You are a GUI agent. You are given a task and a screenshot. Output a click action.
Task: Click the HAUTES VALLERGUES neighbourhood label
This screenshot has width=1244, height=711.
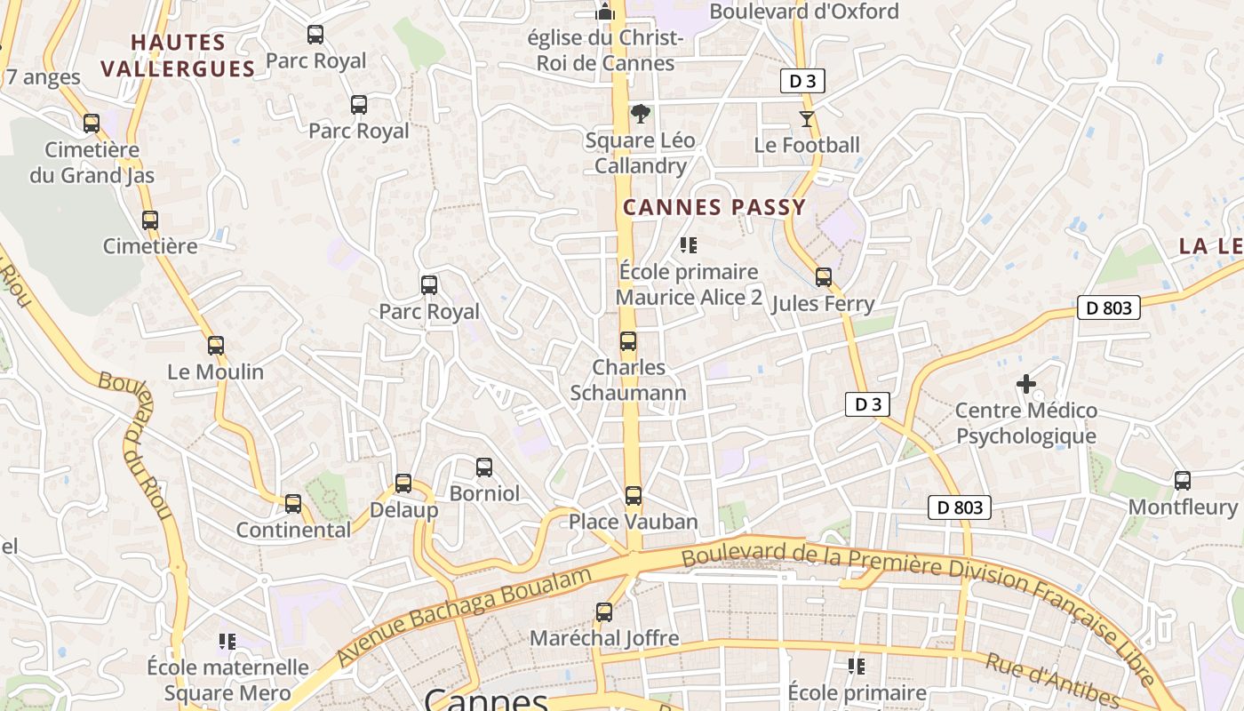pos(178,55)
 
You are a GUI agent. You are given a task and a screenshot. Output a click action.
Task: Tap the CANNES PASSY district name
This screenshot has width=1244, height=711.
pos(714,208)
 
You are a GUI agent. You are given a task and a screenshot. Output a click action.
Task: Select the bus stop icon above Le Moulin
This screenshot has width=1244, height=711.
pos(216,346)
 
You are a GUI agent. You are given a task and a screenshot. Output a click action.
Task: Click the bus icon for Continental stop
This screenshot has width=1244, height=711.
pos(293,504)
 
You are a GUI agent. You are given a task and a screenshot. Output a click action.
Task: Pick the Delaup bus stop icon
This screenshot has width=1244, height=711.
pos(403,483)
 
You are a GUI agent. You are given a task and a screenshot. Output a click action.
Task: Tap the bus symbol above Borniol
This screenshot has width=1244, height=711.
pos(484,467)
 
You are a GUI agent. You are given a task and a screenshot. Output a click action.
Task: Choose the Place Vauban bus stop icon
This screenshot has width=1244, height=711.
pos(633,495)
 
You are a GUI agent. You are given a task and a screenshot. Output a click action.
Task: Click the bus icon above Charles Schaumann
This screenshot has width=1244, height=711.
pos(628,341)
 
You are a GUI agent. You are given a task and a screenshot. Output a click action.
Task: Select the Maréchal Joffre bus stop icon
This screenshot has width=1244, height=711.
pos(604,611)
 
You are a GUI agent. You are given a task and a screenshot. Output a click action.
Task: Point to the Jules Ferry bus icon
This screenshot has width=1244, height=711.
pos(824,277)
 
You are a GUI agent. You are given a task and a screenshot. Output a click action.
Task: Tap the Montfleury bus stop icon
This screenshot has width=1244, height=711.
pos(1183,481)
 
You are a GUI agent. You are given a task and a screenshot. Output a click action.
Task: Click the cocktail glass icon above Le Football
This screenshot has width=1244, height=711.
pos(807,118)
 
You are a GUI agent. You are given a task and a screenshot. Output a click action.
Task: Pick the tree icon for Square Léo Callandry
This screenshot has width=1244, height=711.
pos(640,114)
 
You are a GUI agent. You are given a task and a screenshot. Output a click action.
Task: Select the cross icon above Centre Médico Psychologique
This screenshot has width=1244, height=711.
pos(1026,384)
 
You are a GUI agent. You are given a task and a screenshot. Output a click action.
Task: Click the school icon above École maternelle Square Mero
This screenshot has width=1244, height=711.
pos(227,641)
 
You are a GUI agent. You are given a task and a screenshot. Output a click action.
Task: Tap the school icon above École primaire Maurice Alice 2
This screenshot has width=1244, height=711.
pos(689,244)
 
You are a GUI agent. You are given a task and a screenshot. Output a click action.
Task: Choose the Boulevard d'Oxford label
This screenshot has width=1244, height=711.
pos(804,12)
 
